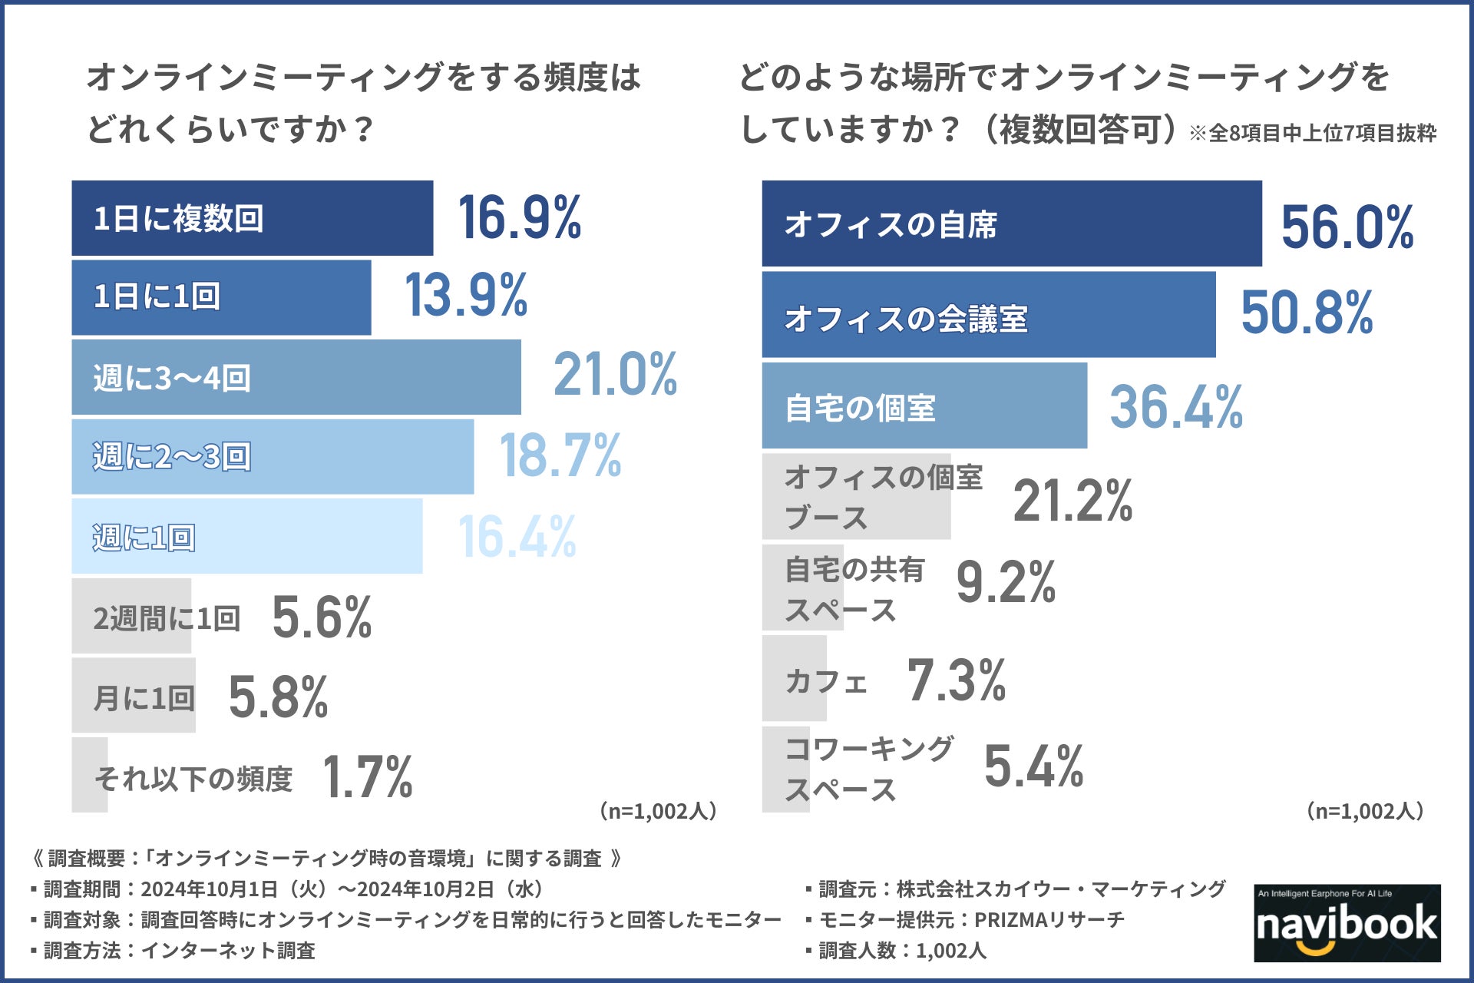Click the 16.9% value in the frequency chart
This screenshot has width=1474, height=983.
click(x=520, y=218)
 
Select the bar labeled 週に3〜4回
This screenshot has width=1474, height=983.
click(x=296, y=377)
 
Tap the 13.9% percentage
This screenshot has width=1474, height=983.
click(x=466, y=296)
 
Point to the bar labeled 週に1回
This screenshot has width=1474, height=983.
click(x=246, y=536)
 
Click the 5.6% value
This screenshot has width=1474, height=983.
click(x=322, y=617)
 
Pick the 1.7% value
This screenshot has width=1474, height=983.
click(x=368, y=777)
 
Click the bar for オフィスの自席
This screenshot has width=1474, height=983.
click(x=1011, y=224)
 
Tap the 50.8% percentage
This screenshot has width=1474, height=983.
click(x=1307, y=313)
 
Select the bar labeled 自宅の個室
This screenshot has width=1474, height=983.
click(x=924, y=406)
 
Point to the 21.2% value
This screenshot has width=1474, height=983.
click(x=1072, y=501)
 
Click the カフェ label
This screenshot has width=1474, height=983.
click(x=826, y=681)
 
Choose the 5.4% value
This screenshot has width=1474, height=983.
click(x=1033, y=766)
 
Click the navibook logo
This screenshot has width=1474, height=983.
click(x=1347, y=923)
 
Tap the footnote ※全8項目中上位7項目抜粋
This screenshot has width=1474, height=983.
click(x=1313, y=134)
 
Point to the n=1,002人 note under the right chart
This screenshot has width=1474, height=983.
click(x=1365, y=811)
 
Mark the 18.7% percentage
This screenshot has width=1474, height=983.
click(x=560, y=456)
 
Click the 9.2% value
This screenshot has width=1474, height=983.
click(x=1006, y=582)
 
